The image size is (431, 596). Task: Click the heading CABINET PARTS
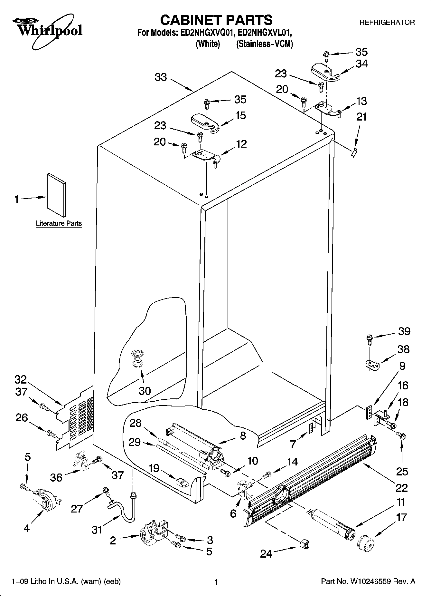point(216,20)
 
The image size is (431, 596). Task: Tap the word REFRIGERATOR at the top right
point(387,23)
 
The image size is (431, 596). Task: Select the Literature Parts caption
point(59,223)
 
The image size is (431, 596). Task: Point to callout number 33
point(161,77)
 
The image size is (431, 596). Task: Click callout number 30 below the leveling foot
point(145,391)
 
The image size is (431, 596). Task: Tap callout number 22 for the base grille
point(401,488)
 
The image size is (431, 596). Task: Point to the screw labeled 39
point(369,338)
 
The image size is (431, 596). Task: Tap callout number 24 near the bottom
point(266,554)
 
